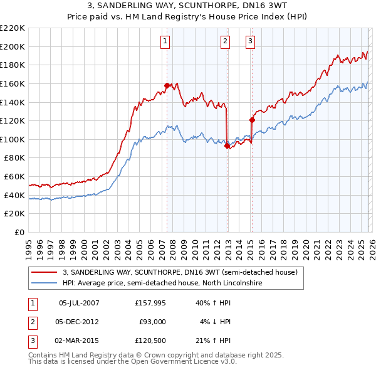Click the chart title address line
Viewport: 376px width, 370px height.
[x=188, y=5]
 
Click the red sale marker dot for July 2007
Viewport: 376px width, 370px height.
[x=167, y=85]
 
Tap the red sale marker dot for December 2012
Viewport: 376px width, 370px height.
[x=226, y=146]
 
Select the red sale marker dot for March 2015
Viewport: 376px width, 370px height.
[x=251, y=120]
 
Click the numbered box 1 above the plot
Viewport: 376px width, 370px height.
[x=164, y=42]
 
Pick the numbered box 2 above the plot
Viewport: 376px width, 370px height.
[x=224, y=42]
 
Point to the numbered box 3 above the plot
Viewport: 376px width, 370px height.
[x=250, y=42]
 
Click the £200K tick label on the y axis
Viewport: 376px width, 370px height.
[x=13, y=46]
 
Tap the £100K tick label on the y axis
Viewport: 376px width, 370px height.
[x=13, y=139]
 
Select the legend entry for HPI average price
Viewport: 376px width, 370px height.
[x=161, y=283]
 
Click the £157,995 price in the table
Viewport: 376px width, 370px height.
[x=150, y=303]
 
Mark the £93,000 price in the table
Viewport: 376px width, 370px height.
[x=152, y=322]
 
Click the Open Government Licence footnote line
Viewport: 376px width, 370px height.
[x=132, y=361]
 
